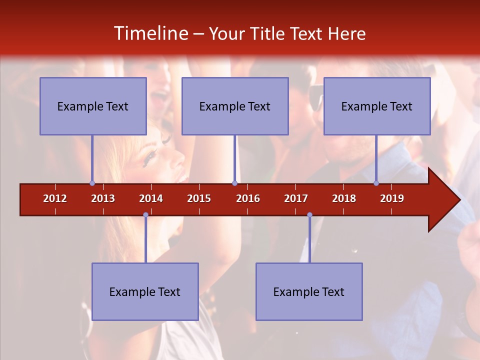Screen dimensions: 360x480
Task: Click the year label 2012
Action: coord(55,198)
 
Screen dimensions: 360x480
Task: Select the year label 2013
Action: coord(103,198)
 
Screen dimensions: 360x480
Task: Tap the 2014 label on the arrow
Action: coord(151,198)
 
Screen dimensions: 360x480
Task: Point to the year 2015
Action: coord(199,198)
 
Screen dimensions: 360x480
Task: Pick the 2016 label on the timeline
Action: coord(248,198)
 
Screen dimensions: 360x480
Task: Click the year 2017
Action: coord(296,198)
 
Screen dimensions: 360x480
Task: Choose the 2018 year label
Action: coord(344,198)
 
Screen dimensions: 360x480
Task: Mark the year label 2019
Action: coord(392,198)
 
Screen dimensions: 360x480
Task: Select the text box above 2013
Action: coord(93,106)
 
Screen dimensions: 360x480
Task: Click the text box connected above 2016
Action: coord(235,106)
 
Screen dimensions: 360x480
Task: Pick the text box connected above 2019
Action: coord(377,106)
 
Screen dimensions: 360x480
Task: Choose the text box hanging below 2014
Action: coord(145,291)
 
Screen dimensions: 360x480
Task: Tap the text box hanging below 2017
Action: coord(309,291)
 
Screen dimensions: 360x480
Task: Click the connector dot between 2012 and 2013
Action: coord(92,183)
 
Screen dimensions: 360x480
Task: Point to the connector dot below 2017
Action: coord(309,215)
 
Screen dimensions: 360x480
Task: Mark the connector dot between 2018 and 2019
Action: coord(376,183)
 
